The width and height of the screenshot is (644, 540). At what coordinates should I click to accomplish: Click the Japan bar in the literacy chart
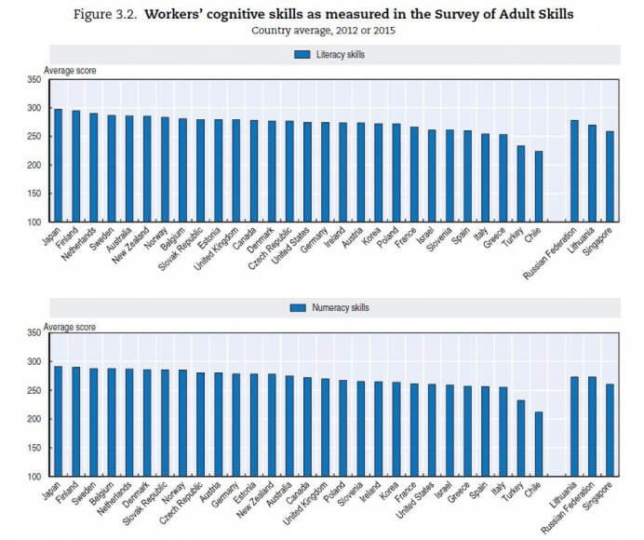[58, 166]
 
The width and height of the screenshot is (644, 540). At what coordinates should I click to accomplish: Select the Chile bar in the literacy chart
[539, 186]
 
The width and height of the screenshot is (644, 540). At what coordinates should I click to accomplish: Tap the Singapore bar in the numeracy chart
[610, 430]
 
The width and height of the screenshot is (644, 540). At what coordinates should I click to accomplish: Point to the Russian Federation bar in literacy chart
[574, 171]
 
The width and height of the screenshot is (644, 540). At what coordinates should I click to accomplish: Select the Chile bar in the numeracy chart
[539, 444]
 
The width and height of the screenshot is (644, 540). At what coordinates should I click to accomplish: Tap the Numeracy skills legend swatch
[298, 307]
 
